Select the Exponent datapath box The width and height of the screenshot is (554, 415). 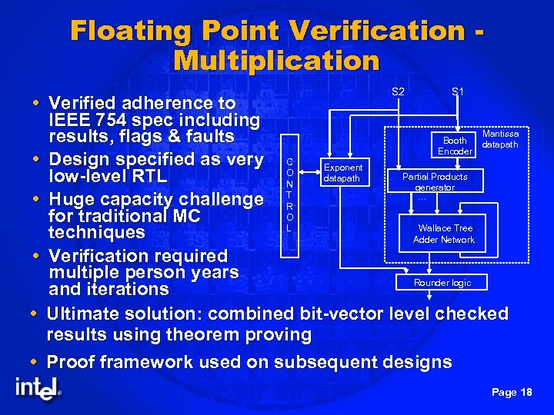(x=342, y=173)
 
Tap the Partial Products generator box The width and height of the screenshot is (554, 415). (x=435, y=181)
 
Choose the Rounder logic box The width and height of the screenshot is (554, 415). (x=442, y=283)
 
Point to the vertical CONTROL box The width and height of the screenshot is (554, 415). (x=289, y=195)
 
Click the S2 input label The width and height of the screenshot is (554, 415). (x=398, y=91)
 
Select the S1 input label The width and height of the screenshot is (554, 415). (x=457, y=91)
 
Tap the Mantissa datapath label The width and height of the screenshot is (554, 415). (x=500, y=139)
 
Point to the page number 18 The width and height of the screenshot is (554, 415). (x=526, y=392)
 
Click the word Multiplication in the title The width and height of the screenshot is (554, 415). (x=277, y=60)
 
